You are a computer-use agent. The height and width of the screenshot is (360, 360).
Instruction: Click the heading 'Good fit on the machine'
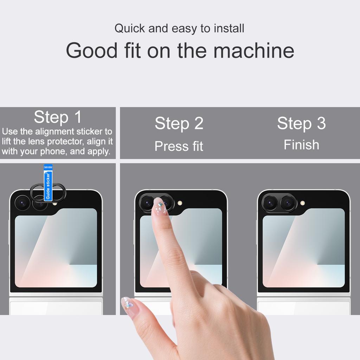coord(180,50)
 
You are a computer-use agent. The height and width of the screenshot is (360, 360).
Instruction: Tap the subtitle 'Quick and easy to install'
coord(179,28)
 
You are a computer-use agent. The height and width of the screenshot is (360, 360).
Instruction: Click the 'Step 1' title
coord(58,117)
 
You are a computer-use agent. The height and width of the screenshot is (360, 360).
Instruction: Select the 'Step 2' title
coord(179,123)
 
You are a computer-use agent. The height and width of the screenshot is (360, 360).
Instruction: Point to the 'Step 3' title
coord(301,123)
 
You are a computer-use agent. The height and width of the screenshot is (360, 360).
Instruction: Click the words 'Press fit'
coord(179,146)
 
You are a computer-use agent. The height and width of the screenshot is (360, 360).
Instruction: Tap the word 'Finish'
coord(301,145)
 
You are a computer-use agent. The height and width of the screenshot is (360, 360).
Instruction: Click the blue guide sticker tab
coord(48,182)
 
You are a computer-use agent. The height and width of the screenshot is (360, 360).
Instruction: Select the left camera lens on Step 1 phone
coord(22,202)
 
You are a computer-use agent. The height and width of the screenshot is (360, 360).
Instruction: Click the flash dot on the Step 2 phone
coord(180,203)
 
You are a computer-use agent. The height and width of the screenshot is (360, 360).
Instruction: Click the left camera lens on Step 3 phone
coord(270,203)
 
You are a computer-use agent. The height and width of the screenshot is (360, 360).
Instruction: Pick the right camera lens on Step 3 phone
coord(288,203)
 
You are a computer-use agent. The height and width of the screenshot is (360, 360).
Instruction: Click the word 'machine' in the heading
coord(253,50)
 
